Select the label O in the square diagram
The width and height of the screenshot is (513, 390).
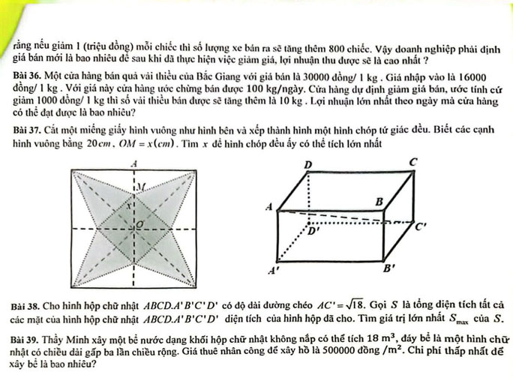click(x=137, y=223)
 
